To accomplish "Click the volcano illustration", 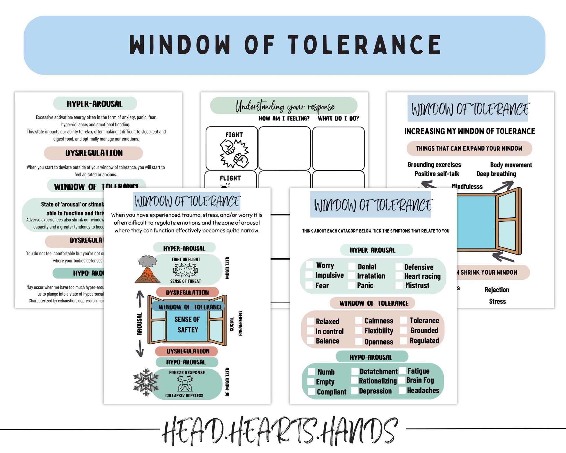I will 147,270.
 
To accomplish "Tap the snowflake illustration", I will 146,382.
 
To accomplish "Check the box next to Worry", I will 309,265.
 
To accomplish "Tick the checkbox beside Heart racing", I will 399,276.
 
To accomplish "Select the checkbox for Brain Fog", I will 402,380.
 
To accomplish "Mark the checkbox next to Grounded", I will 404,330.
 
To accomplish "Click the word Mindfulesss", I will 467,186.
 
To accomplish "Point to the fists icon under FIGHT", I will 234,153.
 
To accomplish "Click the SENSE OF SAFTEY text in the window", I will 187,324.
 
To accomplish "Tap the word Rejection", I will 497,290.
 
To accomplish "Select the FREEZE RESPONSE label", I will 187,372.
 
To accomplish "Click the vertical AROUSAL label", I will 140,324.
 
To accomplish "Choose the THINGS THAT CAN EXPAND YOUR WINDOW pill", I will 469,148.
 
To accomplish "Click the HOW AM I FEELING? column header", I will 284,118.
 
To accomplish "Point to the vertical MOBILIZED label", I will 227,268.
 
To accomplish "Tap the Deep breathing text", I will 496,174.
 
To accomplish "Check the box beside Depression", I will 355,391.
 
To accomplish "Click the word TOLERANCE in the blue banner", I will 365,45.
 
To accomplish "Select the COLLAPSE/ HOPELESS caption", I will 184,395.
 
